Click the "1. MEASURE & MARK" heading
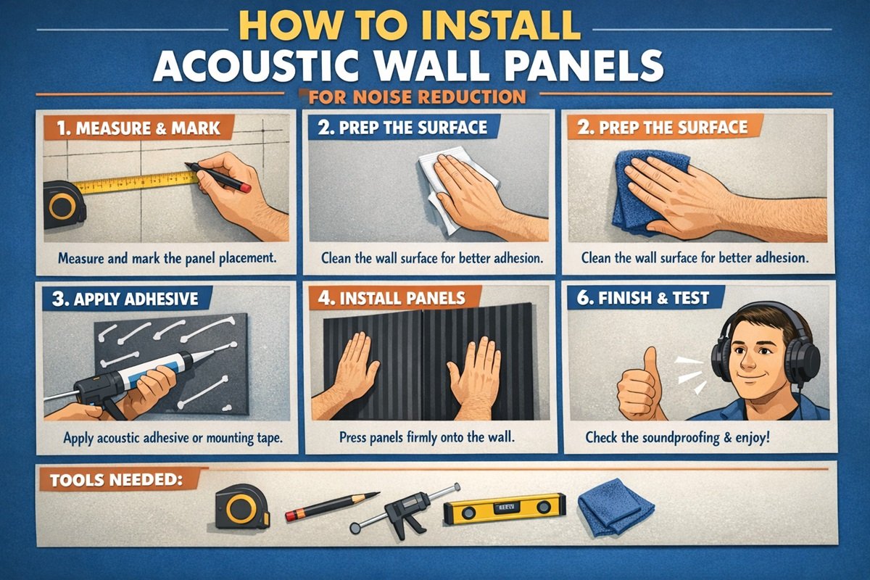[x=138, y=129]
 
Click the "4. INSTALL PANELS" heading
[x=388, y=298]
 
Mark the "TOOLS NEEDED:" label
[x=115, y=480]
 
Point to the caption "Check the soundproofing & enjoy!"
[x=677, y=438]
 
